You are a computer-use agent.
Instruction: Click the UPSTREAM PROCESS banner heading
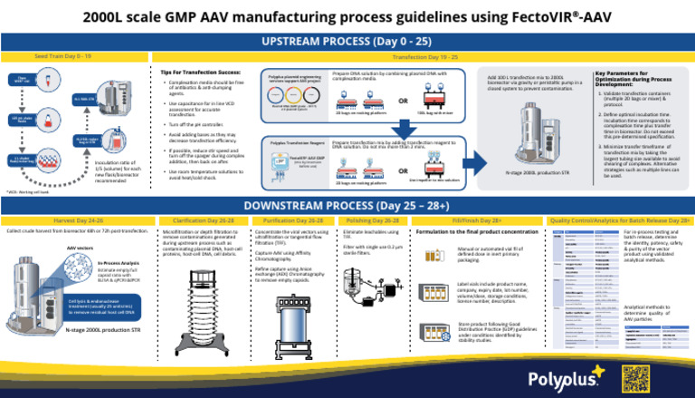pyautogui.click(x=347, y=42)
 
